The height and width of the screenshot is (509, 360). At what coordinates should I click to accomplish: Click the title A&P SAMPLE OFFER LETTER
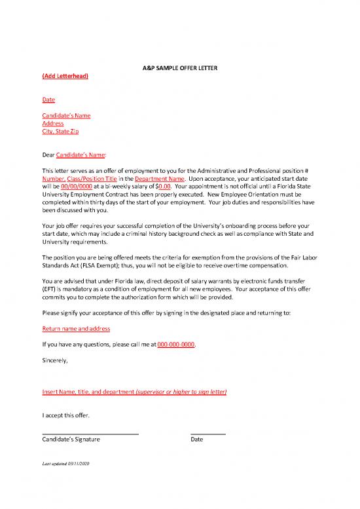click(180, 69)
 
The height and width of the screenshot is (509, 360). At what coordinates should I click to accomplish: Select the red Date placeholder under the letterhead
click(48, 100)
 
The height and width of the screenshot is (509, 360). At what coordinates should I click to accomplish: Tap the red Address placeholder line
click(52, 123)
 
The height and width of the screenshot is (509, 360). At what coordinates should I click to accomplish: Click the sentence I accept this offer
click(65, 415)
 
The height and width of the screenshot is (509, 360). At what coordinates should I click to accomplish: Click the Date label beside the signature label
click(197, 439)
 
